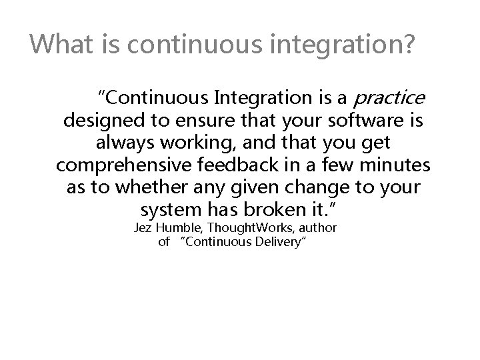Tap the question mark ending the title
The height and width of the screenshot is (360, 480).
click(x=409, y=45)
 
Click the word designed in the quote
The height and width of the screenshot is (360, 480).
click(x=99, y=123)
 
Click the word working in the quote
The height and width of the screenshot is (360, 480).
click(x=202, y=143)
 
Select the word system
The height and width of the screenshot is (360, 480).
click(x=173, y=210)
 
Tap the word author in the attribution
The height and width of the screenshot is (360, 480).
click(x=317, y=229)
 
